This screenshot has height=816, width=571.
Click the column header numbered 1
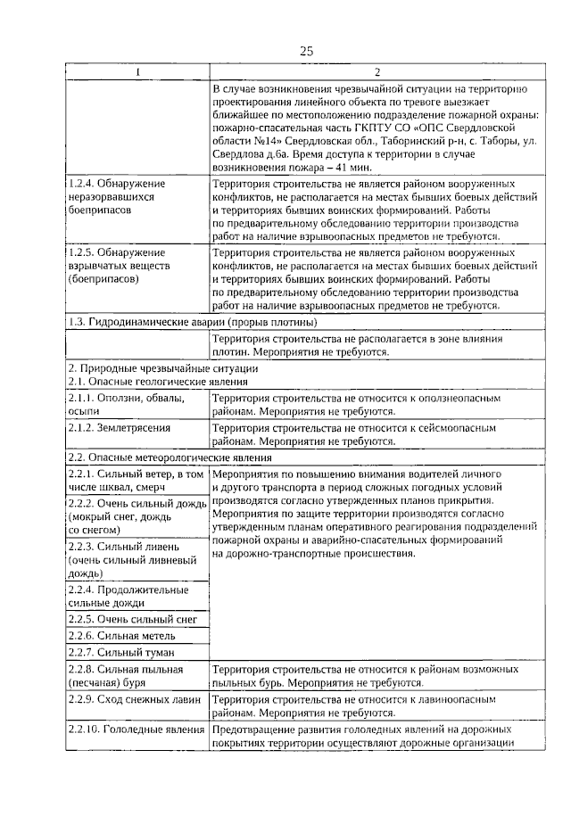[137, 72]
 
